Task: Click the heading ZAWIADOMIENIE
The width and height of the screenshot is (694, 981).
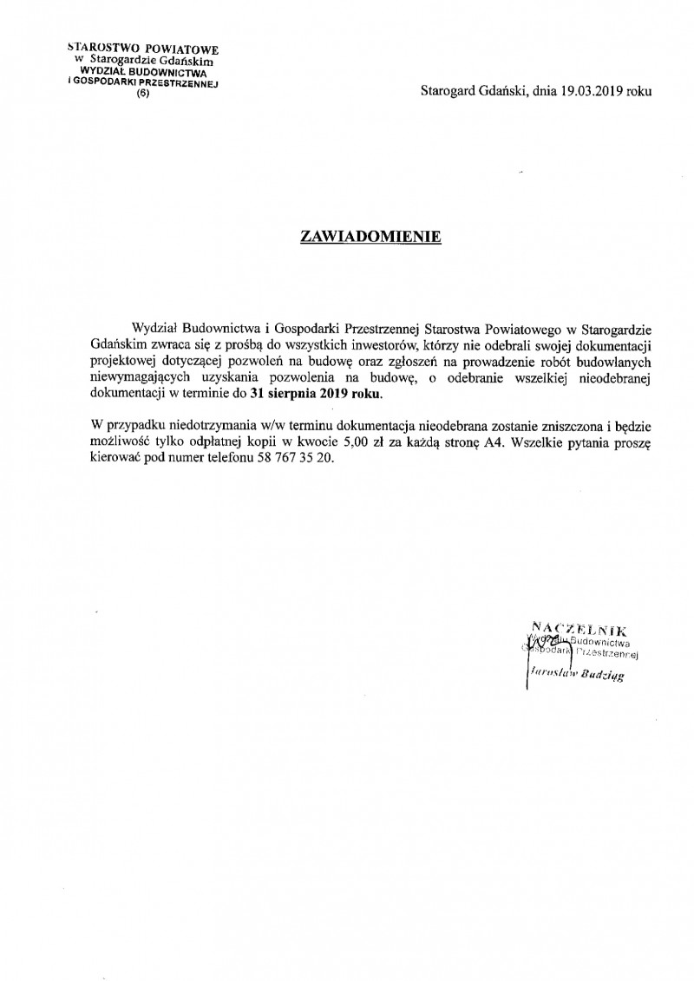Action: (370, 235)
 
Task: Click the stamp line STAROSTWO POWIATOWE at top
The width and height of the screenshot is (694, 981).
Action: (143, 49)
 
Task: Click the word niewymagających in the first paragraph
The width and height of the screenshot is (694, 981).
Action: (138, 377)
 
